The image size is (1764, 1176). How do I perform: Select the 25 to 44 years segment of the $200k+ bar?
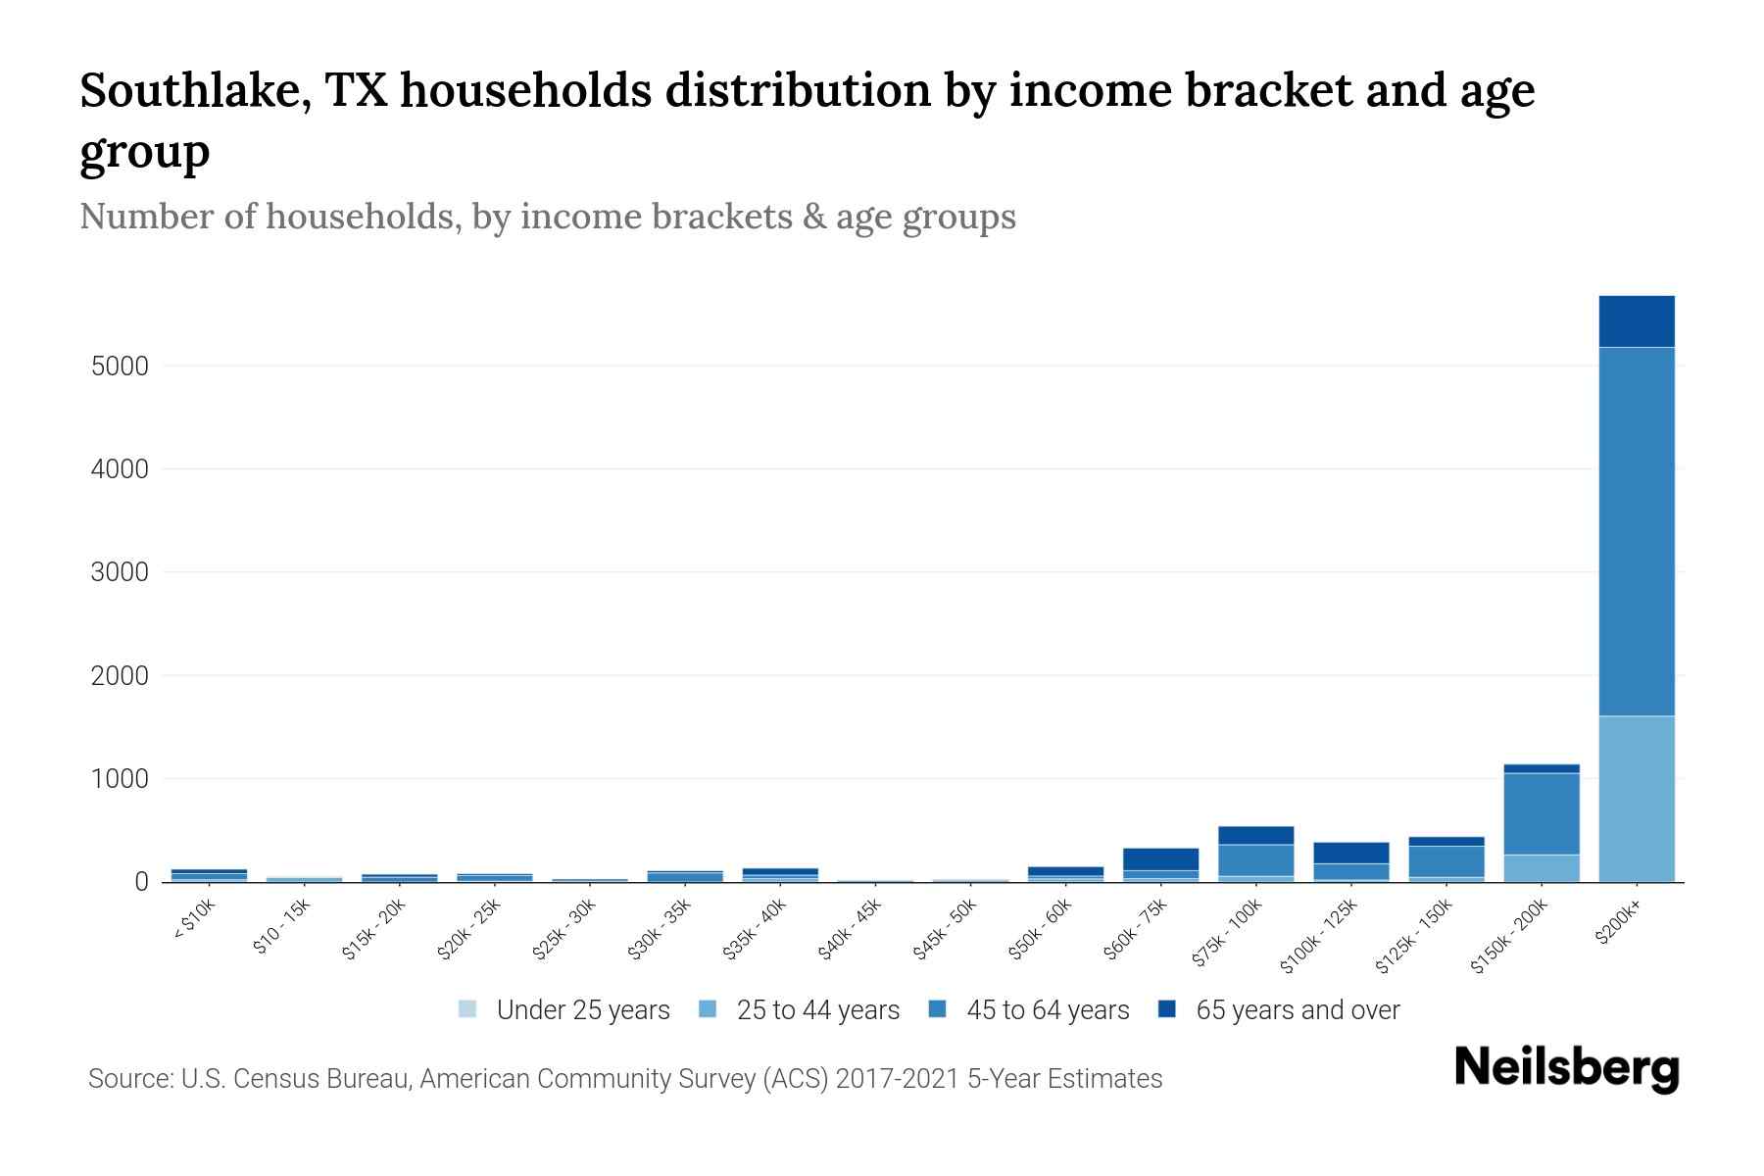[x=1636, y=799]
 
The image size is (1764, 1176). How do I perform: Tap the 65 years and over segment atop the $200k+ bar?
[x=1636, y=321]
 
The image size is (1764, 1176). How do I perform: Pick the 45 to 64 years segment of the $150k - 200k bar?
[x=1541, y=813]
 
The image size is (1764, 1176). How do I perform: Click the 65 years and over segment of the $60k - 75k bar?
[x=1160, y=859]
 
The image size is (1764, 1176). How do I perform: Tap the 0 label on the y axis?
[x=141, y=882]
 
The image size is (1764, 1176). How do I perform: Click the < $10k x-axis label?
[x=195, y=920]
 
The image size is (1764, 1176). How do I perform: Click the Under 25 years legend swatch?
[x=467, y=1009]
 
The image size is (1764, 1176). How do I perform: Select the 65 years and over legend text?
[x=1298, y=1010]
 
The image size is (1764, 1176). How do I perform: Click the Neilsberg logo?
[x=1566, y=1067]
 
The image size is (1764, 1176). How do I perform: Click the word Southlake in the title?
[x=192, y=90]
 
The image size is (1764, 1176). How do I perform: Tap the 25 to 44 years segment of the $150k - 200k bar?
[x=1541, y=868]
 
